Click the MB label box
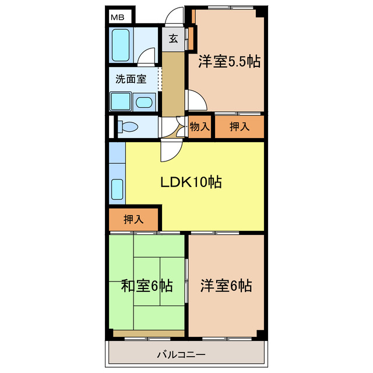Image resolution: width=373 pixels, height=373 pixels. pyautogui.click(x=119, y=17)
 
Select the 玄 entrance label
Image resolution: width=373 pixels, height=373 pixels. pyautogui.click(x=173, y=40)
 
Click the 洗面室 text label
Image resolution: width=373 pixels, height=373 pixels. pyautogui.click(x=130, y=79)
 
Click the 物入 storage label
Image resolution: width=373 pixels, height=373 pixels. pyautogui.click(x=199, y=126)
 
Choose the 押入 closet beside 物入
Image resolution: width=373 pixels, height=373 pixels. pyautogui.click(x=239, y=126)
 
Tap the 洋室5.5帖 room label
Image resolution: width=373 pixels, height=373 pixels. pyautogui.click(x=228, y=61)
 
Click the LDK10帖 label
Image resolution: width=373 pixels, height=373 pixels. pyautogui.click(x=191, y=182)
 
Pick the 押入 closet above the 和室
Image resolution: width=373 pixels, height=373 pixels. pyautogui.click(x=133, y=219)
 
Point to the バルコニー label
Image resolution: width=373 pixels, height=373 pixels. pyautogui.click(x=181, y=354)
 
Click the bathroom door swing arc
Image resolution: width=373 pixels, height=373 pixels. pyautogui.click(x=149, y=57)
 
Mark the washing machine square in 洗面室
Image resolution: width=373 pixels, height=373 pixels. pyautogui.click(x=121, y=103)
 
